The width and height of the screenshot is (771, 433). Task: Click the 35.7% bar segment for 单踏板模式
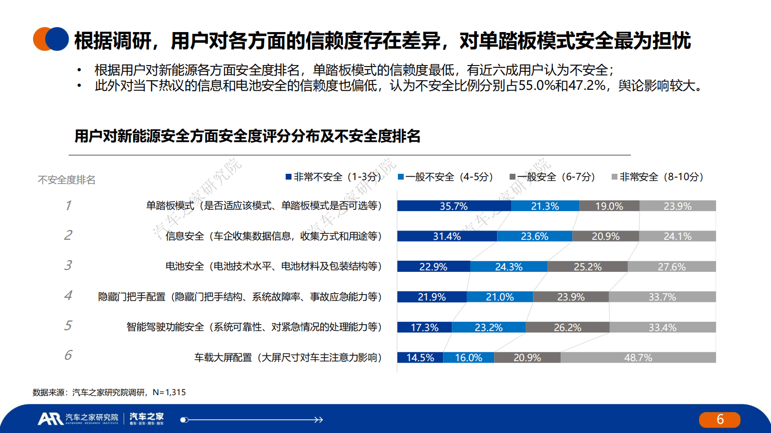[x=454, y=206]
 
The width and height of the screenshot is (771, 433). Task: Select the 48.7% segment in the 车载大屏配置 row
[x=638, y=358]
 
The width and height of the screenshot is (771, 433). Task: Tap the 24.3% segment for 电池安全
[x=509, y=266]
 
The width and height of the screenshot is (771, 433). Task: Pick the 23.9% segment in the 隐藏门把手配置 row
[x=571, y=297]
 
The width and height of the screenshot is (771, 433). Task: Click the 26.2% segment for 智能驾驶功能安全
[x=567, y=327]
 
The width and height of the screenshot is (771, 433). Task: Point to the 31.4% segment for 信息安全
[x=447, y=236]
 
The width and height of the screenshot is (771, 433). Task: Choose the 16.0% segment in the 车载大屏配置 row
[x=468, y=358]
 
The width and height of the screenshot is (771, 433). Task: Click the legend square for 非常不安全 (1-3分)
[x=289, y=177]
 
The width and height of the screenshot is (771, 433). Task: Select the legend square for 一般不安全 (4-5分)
[x=401, y=177]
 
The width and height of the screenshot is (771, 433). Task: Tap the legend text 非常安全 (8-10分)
[x=661, y=177]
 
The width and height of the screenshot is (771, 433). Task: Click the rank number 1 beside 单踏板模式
[x=68, y=205]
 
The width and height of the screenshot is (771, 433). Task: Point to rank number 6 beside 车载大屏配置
[x=68, y=355]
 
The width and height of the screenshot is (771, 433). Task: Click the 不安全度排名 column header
[x=67, y=180]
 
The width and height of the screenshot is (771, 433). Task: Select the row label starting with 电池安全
[x=274, y=266]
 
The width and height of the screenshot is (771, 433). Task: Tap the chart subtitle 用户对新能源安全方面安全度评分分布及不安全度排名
[x=247, y=136]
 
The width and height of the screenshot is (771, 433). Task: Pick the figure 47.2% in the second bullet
[x=586, y=86]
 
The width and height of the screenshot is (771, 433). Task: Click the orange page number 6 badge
[x=720, y=419]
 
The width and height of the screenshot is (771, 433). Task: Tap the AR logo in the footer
[x=50, y=418]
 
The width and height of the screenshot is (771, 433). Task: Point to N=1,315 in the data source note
[x=169, y=392]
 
